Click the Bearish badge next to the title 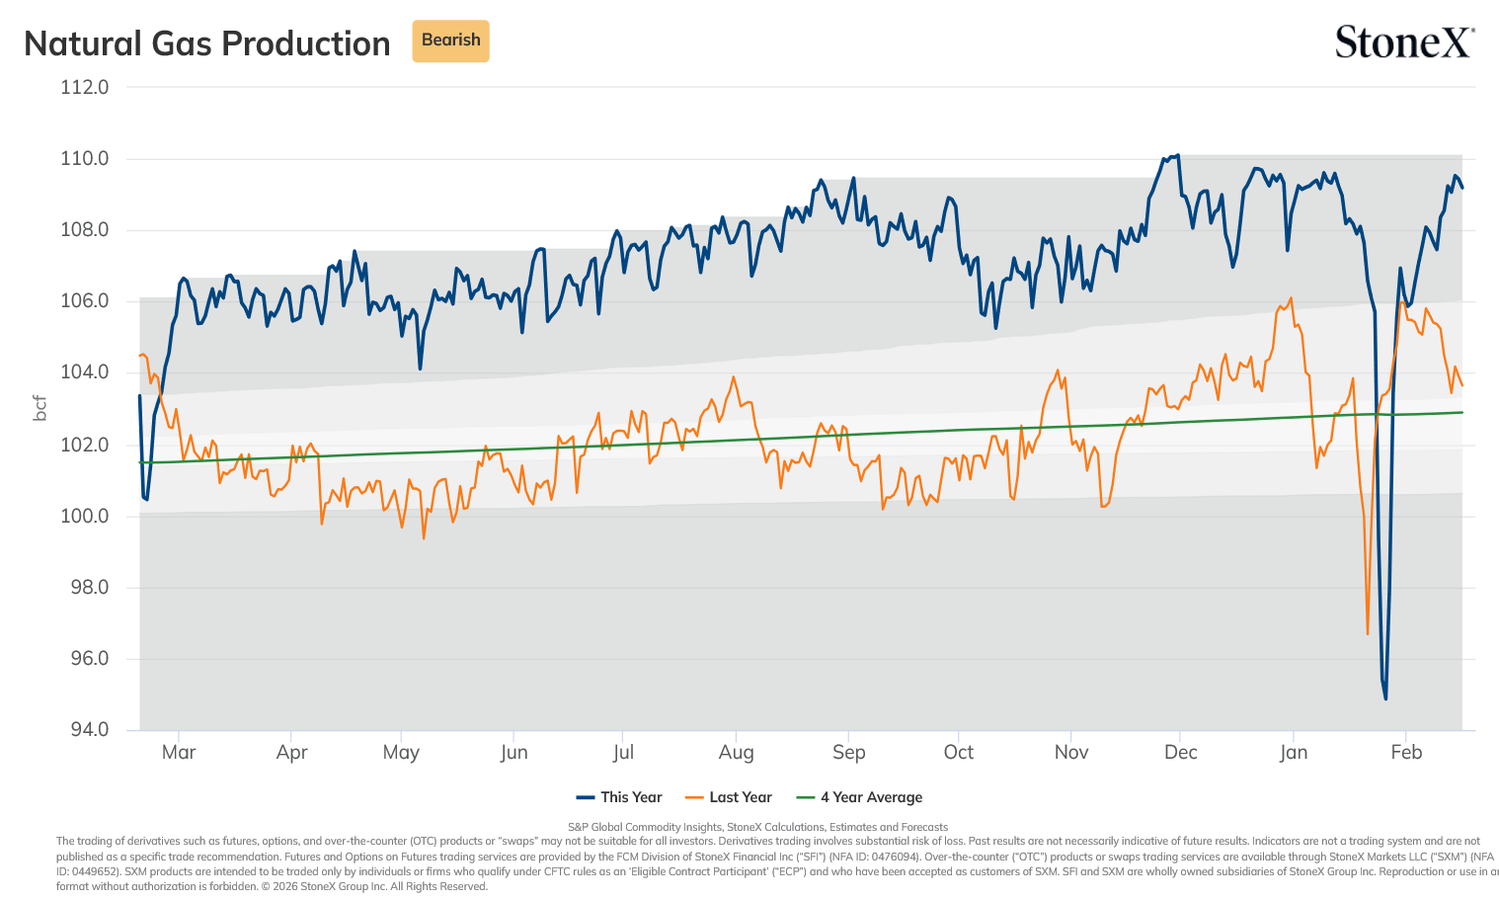click(x=450, y=41)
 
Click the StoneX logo click(x=1404, y=41)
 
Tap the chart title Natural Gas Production click(x=206, y=43)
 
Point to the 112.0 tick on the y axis click(x=84, y=87)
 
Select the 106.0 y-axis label click(x=84, y=300)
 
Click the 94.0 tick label click(x=90, y=729)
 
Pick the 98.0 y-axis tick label click(x=90, y=587)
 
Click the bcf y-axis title click(x=39, y=408)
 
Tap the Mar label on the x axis click(x=179, y=752)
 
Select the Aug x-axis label click(x=736, y=752)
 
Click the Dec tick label click(x=1180, y=752)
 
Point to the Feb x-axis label click(x=1406, y=752)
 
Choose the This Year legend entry click(x=619, y=797)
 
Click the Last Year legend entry click(x=729, y=797)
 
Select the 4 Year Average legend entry click(x=859, y=797)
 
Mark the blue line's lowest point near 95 click(x=1385, y=698)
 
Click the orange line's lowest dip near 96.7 click(x=1367, y=633)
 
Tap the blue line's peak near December click(x=1178, y=155)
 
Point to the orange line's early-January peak click(x=1291, y=298)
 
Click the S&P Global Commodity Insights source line click(x=757, y=827)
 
